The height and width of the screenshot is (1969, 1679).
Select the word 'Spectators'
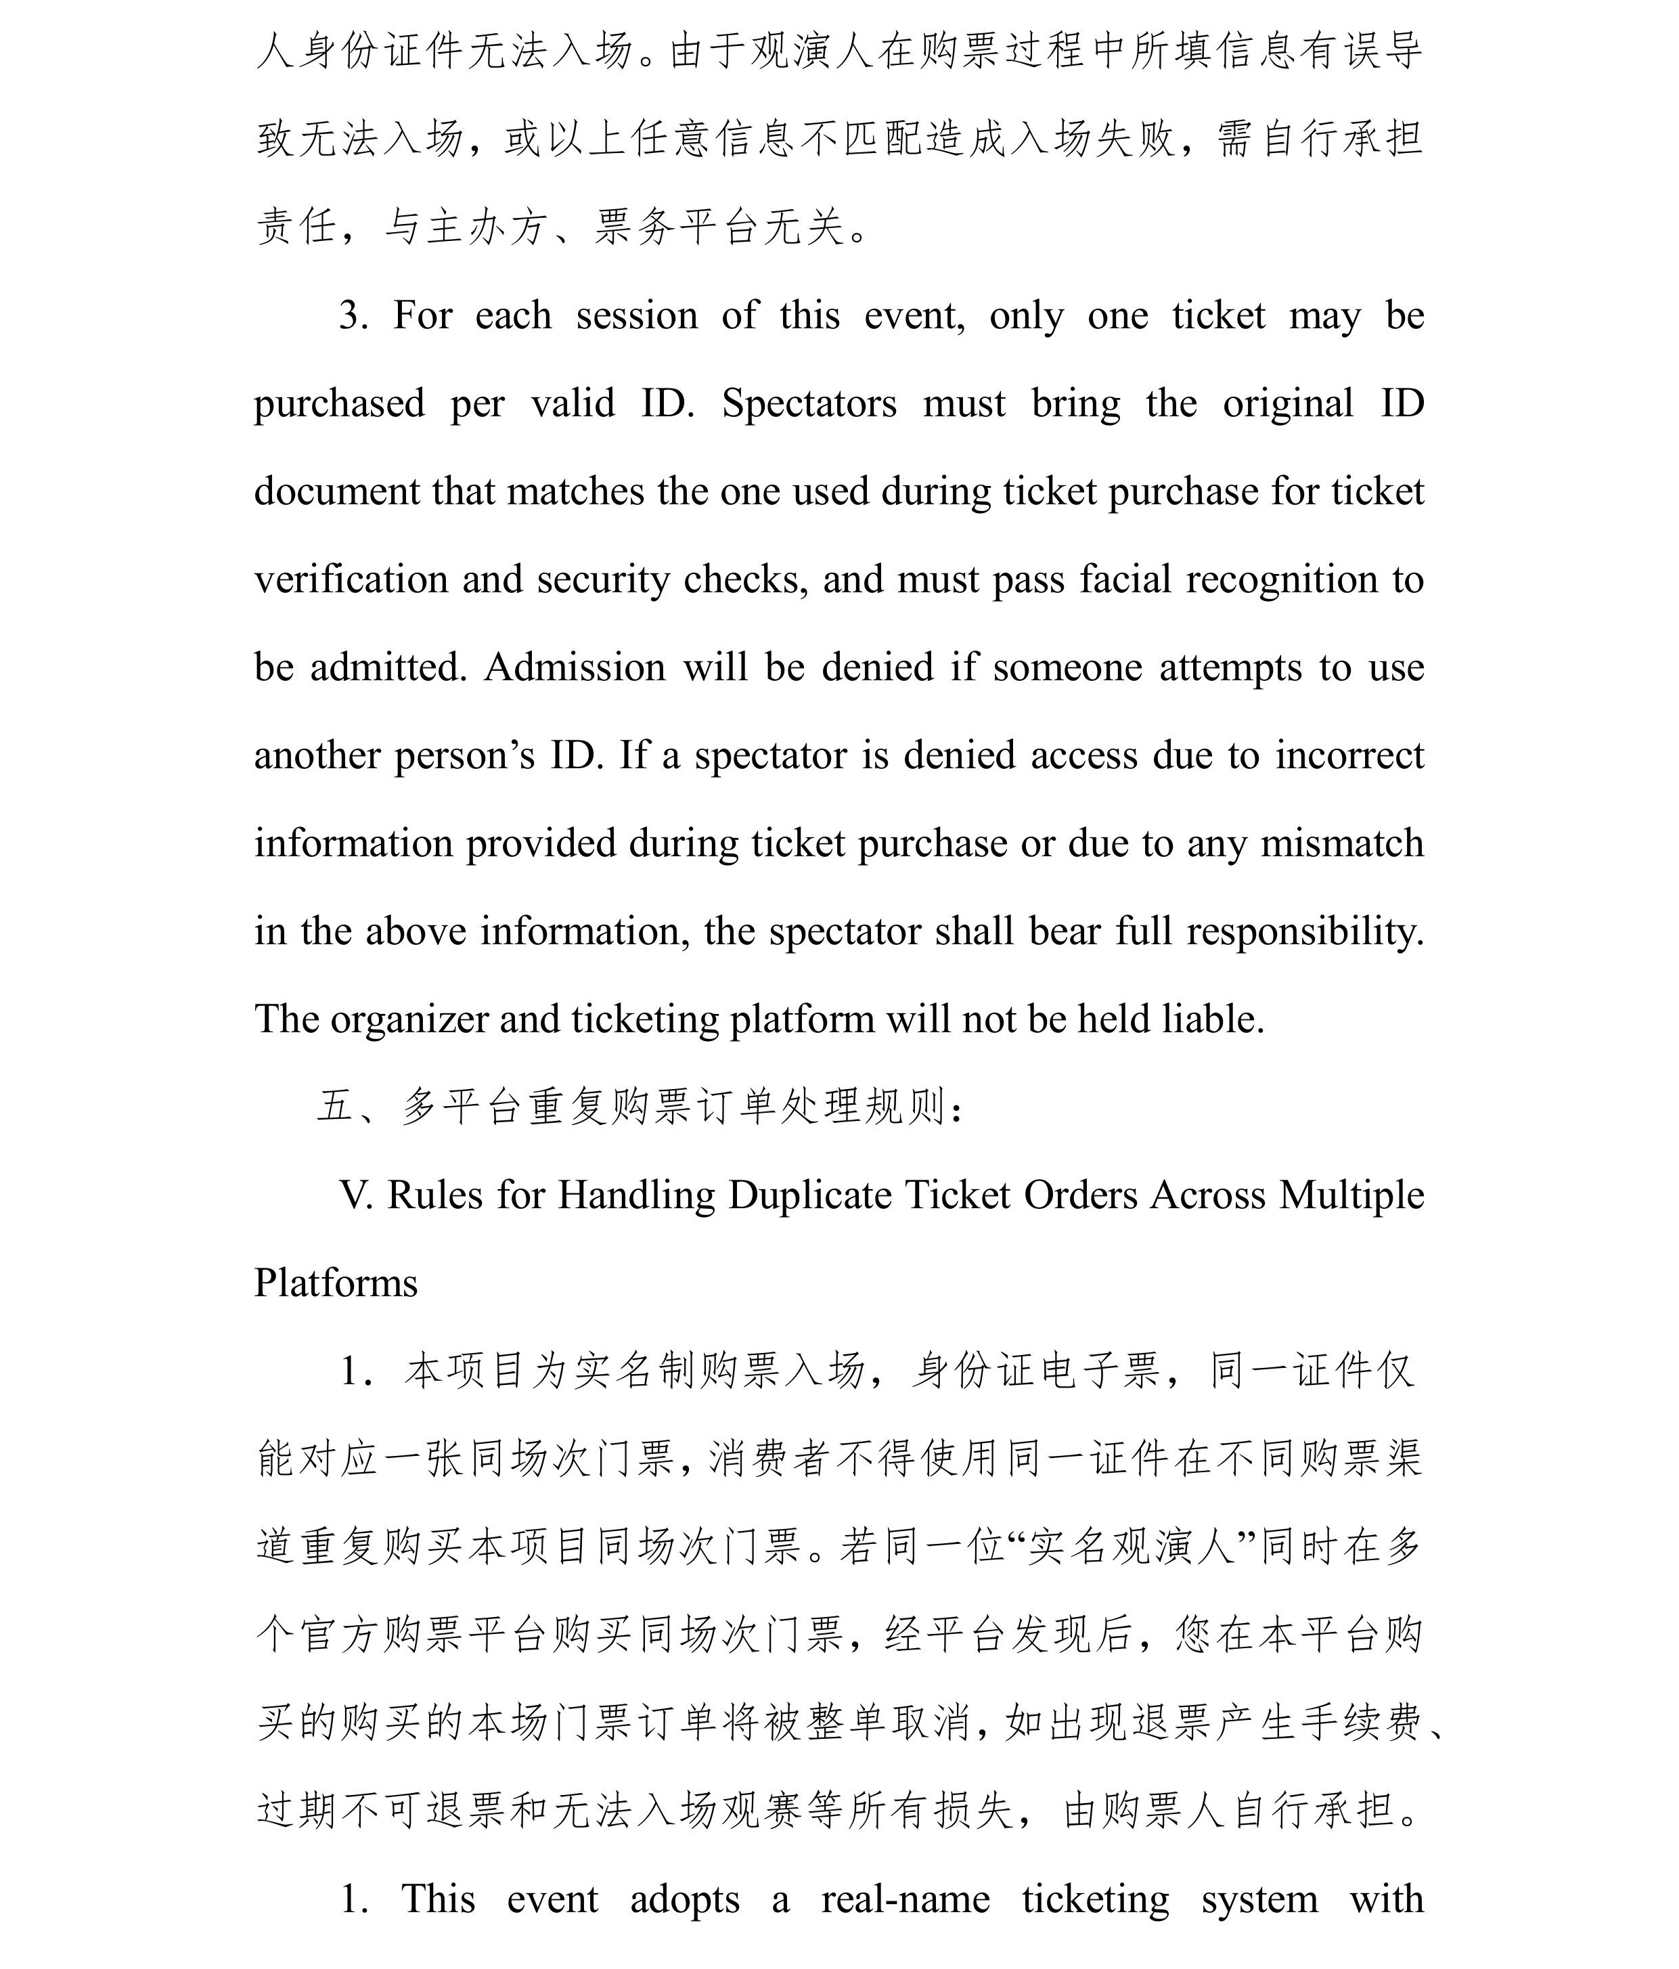tap(809, 404)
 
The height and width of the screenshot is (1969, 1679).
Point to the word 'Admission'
tap(574, 668)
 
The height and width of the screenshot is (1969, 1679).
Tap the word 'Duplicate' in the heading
tap(809, 1195)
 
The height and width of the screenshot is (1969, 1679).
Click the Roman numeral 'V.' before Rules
tap(357, 1195)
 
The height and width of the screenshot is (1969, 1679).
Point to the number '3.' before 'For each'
tap(355, 315)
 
